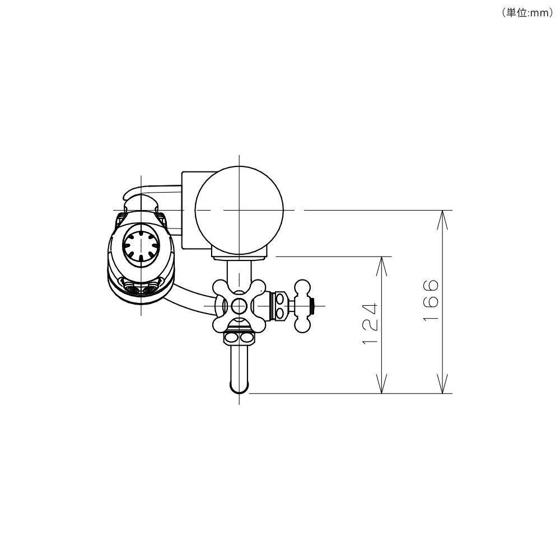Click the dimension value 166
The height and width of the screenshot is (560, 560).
(x=430, y=300)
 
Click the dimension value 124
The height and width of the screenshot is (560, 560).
(x=370, y=324)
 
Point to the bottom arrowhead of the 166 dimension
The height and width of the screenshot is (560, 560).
(x=442, y=384)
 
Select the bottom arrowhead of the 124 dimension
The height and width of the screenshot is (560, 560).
(x=382, y=384)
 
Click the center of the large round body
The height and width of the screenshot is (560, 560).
(x=239, y=211)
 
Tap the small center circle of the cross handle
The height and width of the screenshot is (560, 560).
(x=239, y=306)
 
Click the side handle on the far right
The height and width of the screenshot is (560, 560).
(x=302, y=306)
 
